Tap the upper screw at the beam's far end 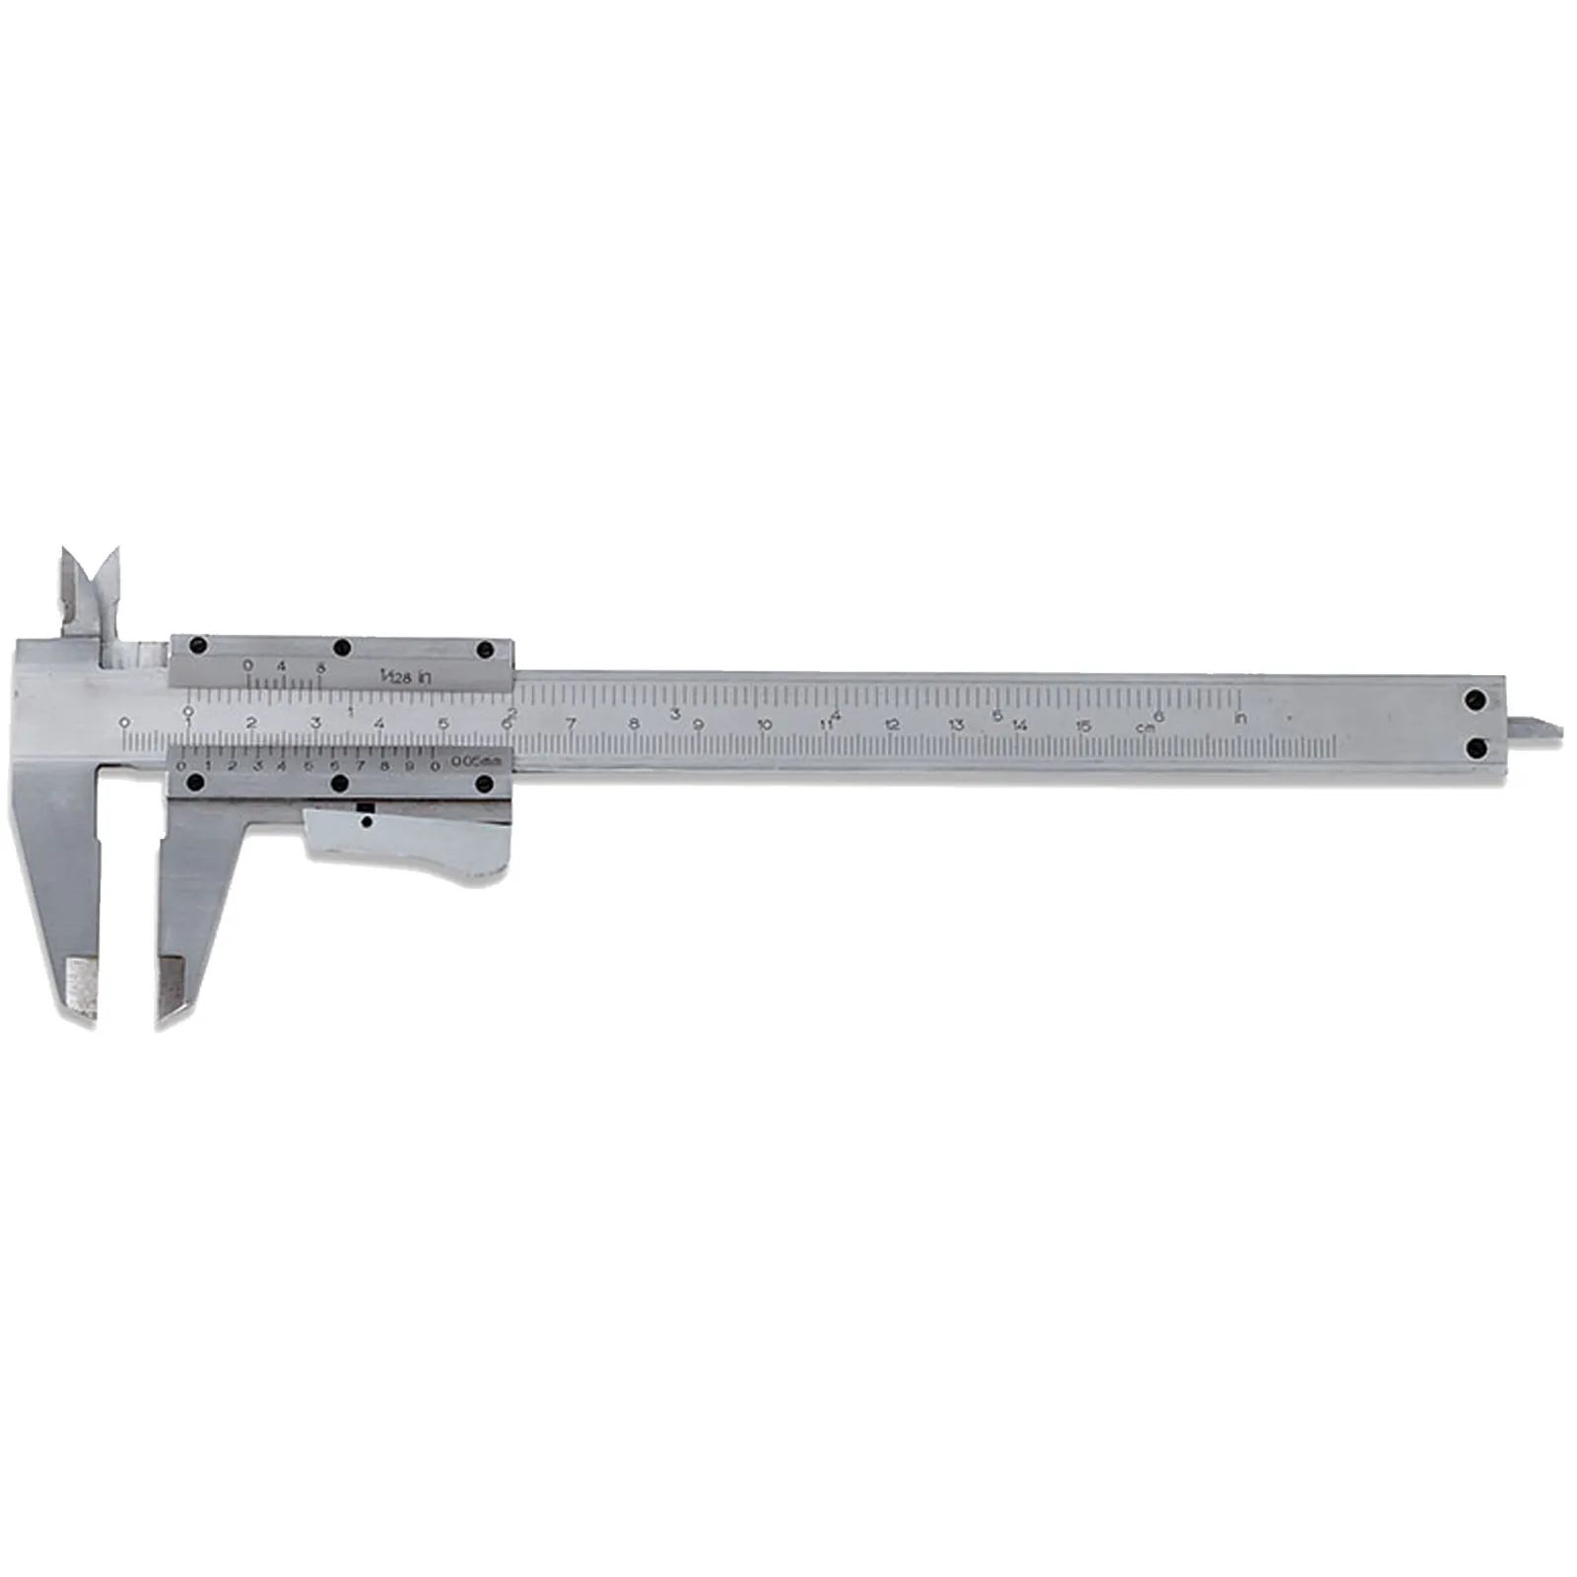pos(1475,701)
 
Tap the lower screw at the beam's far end pos(1475,750)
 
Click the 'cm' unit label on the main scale pos(1144,726)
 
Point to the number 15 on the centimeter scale pos(1083,726)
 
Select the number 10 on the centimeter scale pos(765,725)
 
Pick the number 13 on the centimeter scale pos(956,725)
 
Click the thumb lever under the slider pos(414,843)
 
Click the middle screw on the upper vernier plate pos(342,648)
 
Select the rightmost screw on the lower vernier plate pos(484,784)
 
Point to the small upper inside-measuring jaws pos(89,591)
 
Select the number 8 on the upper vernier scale pos(318,666)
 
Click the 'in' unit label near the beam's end pos(1240,718)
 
